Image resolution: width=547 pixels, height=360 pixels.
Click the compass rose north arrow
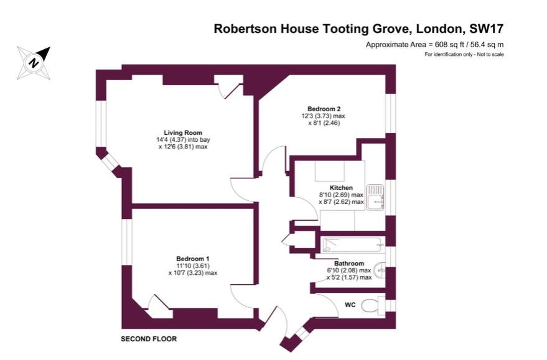[x=34, y=63]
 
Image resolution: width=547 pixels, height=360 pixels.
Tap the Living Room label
[x=183, y=133]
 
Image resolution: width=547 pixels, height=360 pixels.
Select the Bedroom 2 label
[x=324, y=109]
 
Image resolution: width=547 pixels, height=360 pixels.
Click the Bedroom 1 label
[x=192, y=259]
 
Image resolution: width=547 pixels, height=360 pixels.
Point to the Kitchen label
[x=341, y=188]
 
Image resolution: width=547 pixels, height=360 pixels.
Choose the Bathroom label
[x=349, y=264]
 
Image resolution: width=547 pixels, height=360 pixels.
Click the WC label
[x=350, y=305]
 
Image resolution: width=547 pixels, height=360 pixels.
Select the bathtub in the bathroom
[x=353, y=244]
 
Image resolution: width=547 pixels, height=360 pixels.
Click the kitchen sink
[x=375, y=197]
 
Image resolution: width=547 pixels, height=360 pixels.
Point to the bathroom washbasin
[x=380, y=270]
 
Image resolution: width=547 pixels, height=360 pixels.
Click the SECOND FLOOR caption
[x=149, y=339]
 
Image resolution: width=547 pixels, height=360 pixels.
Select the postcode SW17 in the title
[x=487, y=29]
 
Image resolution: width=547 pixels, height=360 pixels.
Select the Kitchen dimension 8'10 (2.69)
[x=333, y=195]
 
